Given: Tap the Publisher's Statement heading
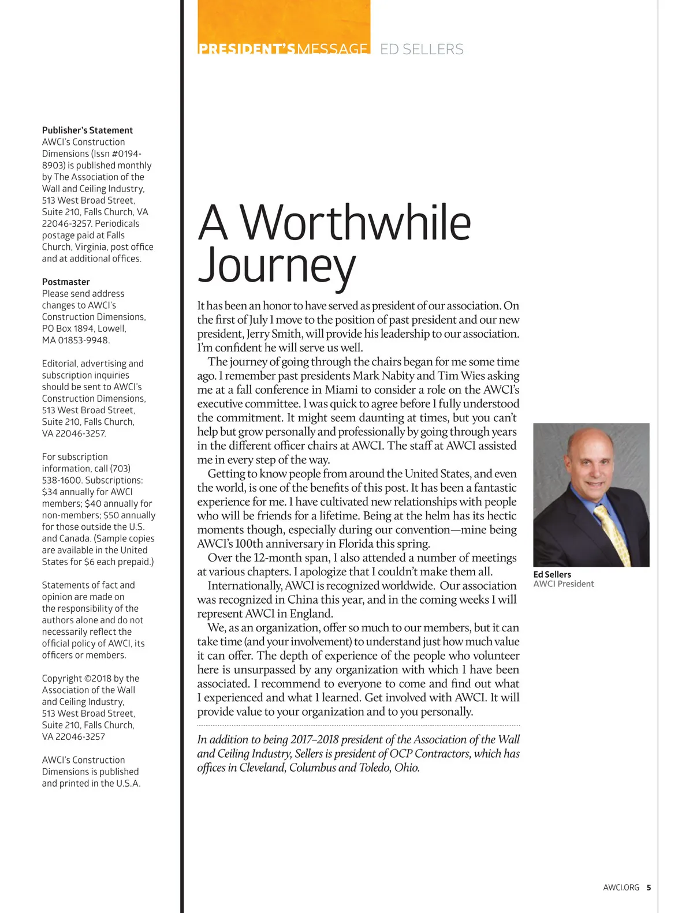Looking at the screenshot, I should (x=87, y=130).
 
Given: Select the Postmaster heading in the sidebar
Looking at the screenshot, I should (x=66, y=282).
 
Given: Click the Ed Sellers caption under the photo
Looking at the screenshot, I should (x=552, y=574).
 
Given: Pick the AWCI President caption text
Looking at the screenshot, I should (x=563, y=584).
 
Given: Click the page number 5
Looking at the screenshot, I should (x=649, y=888).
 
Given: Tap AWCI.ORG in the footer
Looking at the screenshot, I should (x=621, y=888).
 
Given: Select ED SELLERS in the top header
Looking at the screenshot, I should (x=422, y=50).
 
